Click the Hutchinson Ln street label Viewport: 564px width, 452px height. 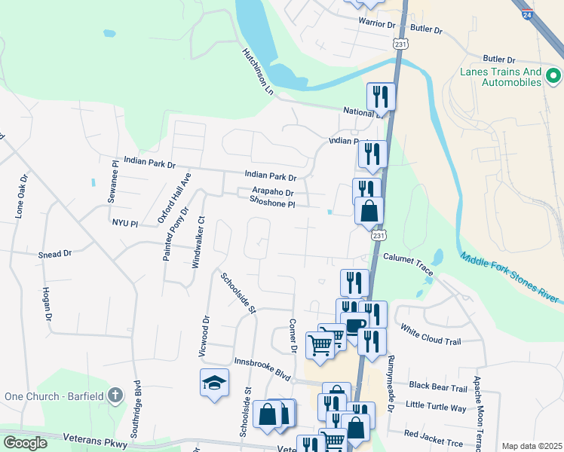click(257, 72)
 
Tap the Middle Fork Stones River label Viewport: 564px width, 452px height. click(510, 276)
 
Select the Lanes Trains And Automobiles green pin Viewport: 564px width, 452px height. click(554, 76)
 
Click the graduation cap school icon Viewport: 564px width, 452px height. click(214, 383)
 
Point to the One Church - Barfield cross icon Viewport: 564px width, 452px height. click(115, 395)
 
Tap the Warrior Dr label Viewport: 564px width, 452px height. click(377, 24)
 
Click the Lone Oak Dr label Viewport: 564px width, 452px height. click(21, 197)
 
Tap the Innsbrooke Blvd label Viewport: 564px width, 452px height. click(262, 367)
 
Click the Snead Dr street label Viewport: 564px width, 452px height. click(54, 255)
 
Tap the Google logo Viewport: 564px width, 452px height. click(25, 443)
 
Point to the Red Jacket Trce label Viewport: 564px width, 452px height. click(433, 434)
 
